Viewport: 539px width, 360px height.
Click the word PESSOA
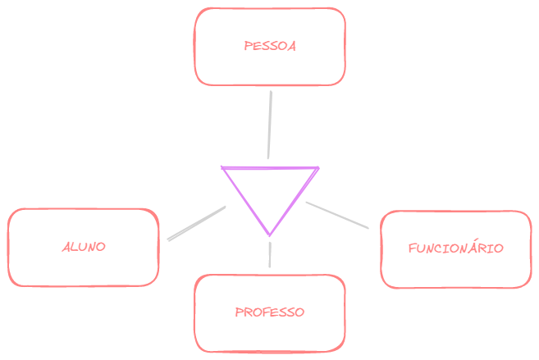270,46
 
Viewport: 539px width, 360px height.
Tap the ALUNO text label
83,246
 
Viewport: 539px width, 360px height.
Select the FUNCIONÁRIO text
455,248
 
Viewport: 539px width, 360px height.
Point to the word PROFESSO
270,312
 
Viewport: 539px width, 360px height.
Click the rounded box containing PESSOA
270,70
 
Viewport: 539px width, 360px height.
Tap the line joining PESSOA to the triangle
269,123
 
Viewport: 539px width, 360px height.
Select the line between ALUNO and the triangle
196,223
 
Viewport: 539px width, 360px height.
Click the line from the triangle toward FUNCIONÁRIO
337,215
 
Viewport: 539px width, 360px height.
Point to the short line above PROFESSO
269,254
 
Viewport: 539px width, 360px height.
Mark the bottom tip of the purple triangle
269,235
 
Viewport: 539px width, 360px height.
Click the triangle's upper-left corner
223,168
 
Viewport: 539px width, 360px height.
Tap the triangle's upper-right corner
317,169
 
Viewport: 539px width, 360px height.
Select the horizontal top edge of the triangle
270,168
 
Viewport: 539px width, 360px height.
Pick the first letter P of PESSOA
248,46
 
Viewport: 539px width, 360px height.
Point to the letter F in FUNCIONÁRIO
412,248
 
